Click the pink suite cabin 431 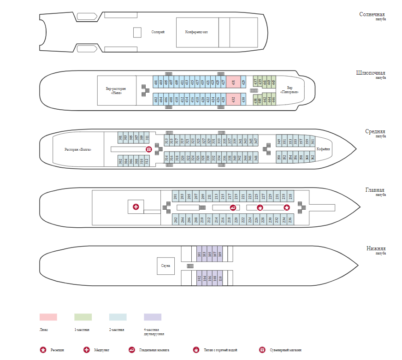coord(233,83)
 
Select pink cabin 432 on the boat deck coord(233,99)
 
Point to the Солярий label coord(158,32)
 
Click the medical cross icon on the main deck coord(136,207)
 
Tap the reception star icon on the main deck coord(286,207)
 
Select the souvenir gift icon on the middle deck coord(148,149)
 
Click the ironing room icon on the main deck coord(233,207)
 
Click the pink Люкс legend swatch coord(48,317)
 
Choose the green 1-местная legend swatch coord(83,317)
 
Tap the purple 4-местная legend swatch coord(153,317)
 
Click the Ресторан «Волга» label coord(78,149)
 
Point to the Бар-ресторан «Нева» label coord(116,90)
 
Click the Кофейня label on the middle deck coord(323,149)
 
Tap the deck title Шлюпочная coord(371,73)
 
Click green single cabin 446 coord(273,99)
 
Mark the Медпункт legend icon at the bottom coord(86,350)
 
